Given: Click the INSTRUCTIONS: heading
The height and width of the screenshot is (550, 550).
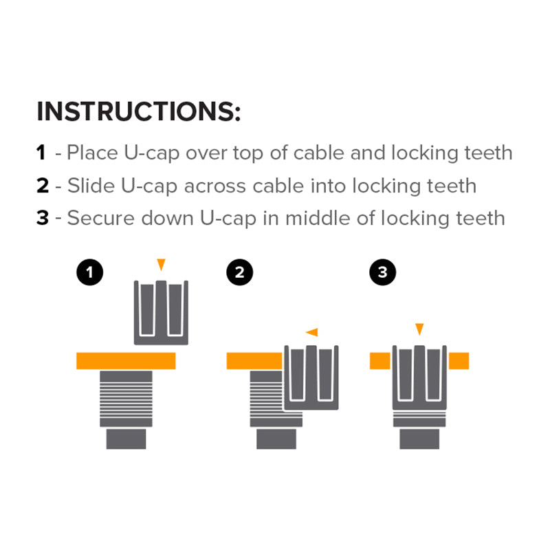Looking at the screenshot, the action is (139, 111).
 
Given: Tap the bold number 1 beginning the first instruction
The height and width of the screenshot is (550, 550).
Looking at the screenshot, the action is (41, 153).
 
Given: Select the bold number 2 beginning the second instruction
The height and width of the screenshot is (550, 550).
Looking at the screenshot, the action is (43, 186).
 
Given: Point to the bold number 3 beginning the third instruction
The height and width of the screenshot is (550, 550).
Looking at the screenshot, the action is (43, 218).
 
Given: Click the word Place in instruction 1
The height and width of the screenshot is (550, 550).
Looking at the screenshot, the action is (92, 153).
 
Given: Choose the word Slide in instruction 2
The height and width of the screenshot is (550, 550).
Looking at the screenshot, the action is (91, 186).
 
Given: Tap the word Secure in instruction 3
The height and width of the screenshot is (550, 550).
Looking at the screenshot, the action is (101, 218).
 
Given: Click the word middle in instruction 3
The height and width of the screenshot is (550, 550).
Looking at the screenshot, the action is (318, 218).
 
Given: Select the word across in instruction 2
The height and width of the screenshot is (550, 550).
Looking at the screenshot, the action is (215, 186).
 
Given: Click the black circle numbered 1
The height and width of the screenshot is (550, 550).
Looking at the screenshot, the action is (90, 272).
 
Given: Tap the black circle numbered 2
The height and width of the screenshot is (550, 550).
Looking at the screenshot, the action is (239, 272).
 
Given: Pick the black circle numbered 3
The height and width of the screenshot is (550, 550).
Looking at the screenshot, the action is (383, 272).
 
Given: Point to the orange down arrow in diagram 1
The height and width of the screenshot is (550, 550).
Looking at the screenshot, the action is (161, 264).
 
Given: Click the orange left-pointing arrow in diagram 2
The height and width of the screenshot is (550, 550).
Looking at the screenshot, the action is (312, 332).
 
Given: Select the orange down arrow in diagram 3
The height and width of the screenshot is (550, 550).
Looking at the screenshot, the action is (419, 329).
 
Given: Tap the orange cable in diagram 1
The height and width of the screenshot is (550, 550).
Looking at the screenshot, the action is (126, 360).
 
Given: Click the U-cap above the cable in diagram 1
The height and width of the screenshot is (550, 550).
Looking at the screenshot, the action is (161, 313).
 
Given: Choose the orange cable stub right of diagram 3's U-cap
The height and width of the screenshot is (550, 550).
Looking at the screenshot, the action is (459, 361).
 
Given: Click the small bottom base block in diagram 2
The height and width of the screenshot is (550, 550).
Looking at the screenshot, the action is (276, 439).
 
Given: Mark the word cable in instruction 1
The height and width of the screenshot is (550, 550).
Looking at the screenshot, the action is (318, 153).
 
